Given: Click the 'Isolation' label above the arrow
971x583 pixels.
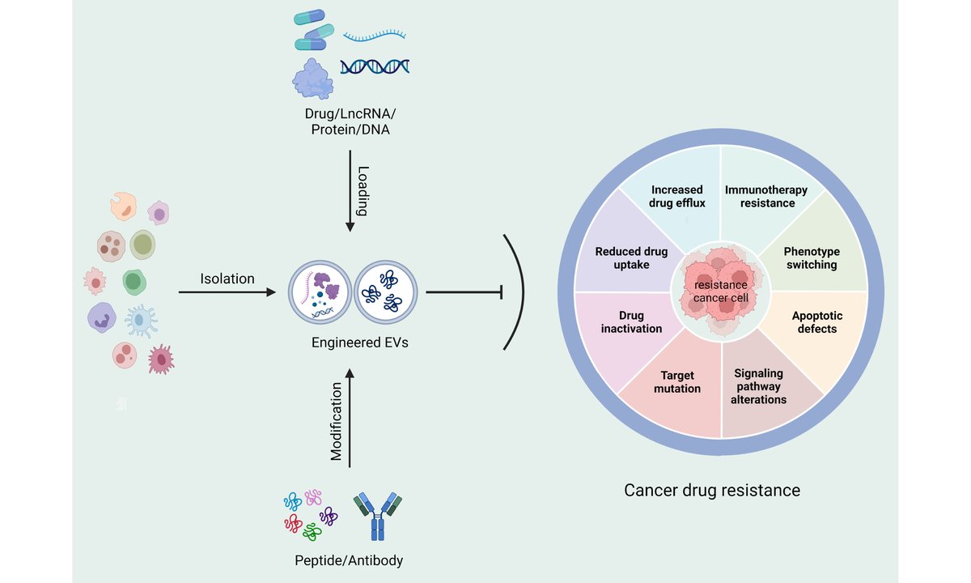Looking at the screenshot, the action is [227, 279].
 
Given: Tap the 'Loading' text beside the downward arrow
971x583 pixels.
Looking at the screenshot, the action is [363, 191].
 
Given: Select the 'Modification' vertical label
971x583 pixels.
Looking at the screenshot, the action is [336, 421].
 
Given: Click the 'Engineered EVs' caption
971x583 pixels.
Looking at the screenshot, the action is [360, 343].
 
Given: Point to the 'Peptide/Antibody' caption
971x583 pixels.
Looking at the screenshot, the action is [349, 560].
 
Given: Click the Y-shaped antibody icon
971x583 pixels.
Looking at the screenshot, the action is [378, 516].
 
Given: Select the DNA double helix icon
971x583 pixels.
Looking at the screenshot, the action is [375, 66].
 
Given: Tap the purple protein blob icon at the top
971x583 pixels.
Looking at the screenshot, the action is [312, 79].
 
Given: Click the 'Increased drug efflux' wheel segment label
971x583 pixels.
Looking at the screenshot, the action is [677, 197].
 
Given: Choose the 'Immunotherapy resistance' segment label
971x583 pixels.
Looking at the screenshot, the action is [766, 197].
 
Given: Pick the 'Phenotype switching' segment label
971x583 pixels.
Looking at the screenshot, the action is [812, 258].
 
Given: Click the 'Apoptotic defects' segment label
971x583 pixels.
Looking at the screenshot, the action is [817, 322].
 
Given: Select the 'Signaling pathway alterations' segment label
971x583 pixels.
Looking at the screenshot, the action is [759, 386].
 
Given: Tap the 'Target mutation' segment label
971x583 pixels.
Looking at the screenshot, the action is [677, 381].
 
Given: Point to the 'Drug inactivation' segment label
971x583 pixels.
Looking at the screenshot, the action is [632, 322].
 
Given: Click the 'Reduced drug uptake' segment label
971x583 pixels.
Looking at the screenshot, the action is [631, 258].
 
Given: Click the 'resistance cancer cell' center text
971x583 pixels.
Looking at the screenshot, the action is [720, 291].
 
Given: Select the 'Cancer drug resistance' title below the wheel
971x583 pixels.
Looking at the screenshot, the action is [712, 490].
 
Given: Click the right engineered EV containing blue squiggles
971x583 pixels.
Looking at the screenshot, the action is [386, 292].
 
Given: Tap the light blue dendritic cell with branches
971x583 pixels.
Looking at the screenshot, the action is [141, 321].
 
